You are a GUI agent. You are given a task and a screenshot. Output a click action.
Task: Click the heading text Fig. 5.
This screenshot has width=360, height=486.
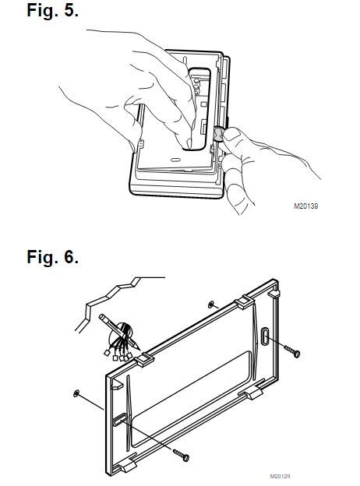(x=52, y=10)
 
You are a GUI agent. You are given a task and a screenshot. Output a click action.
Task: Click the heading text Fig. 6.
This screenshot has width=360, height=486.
(x=52, y=257)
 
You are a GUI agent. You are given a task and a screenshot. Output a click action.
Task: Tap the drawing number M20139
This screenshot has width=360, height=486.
(x=305, y=206)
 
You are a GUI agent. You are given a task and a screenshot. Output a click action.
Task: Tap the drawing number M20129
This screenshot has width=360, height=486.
(x=280, y=476)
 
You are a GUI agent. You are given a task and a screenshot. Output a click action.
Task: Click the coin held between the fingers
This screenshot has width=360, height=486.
(x=219, y=134)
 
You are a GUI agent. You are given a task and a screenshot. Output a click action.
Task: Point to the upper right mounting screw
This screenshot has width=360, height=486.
(x=292, y=351)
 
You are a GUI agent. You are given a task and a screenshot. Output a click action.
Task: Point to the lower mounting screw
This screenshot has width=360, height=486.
(x=182, y=454)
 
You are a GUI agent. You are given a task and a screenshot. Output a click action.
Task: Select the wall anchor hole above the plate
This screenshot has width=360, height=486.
(x=211, y=305)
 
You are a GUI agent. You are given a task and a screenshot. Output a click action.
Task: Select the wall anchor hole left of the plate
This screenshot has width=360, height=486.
(x=76, y=394)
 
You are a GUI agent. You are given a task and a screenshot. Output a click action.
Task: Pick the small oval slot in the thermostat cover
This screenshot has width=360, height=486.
(x=175, y=160)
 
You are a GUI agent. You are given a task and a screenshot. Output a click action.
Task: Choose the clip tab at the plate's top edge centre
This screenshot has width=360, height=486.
(x=244, y=301)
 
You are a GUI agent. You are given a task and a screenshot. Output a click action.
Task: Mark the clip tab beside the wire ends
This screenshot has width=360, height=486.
(x=144, y=360)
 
